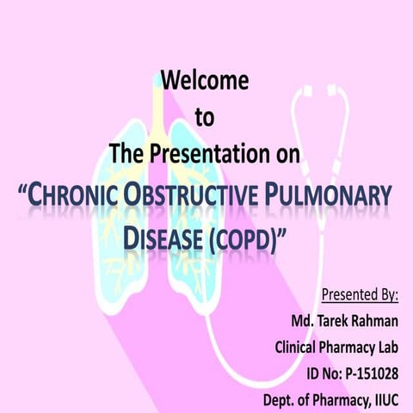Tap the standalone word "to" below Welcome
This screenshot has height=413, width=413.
(205, 118)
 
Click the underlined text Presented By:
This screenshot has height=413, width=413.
(360, 295)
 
